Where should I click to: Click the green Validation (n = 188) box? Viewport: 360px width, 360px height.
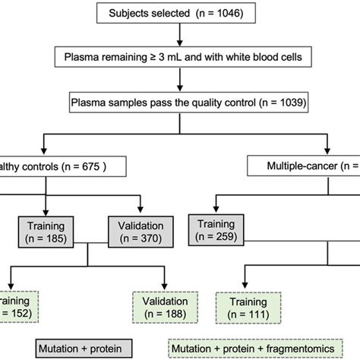click(x=163, y=308)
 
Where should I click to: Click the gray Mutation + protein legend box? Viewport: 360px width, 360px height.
click(x=80, y=349)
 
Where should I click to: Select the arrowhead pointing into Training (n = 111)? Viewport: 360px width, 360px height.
click(x=247, y=289)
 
